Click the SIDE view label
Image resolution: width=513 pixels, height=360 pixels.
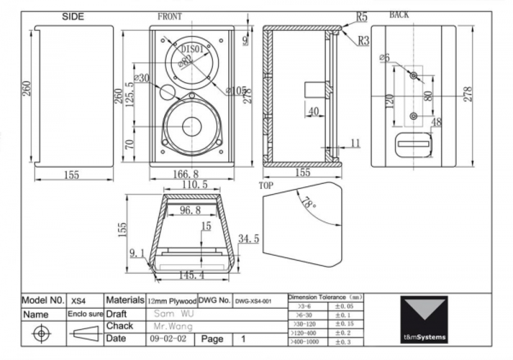pyautogui.click(x=73, y=17)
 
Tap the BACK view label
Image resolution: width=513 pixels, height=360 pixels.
pyautogui.click(x=399, y=15)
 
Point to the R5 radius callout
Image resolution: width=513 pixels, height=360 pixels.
pyautogui.click(x=361, y=17)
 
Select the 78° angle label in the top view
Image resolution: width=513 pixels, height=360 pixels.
pyautogui.click(x=309, y=203)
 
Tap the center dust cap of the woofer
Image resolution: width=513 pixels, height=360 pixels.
pyautogui.click(x=192, y=126)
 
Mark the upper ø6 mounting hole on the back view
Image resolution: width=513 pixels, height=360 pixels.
pyautogui.click(x=414, y=75)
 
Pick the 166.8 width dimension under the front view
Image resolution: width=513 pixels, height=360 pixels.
pyautogui.click(x=185, y=174)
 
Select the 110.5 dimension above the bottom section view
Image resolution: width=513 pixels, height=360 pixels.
pyautogui.click(x=195, y=185)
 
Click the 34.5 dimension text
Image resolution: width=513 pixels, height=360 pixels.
pyautogui.click(x=248, y=238)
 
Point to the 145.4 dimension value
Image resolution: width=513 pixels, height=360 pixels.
pyautogui.click(x=191, y=275)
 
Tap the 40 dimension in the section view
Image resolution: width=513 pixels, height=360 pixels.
pyautogui.click(x=314, y=111)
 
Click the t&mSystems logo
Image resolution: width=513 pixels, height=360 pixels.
pyautogui.click(x=424, y=319)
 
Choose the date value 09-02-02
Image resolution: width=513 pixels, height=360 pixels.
pyautogui.click(x=168, y=339)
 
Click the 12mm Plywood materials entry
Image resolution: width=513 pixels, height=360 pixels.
pyautogui.click(x=172, y=301)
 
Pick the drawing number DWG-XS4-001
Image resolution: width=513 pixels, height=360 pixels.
pyautogui.click(x=253, y=301)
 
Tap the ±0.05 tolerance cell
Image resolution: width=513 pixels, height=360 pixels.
pyautogui.click(x=344, y=306)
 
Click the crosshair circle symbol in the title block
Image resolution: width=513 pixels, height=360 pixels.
pyautogui.click(x=41, y=333)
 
